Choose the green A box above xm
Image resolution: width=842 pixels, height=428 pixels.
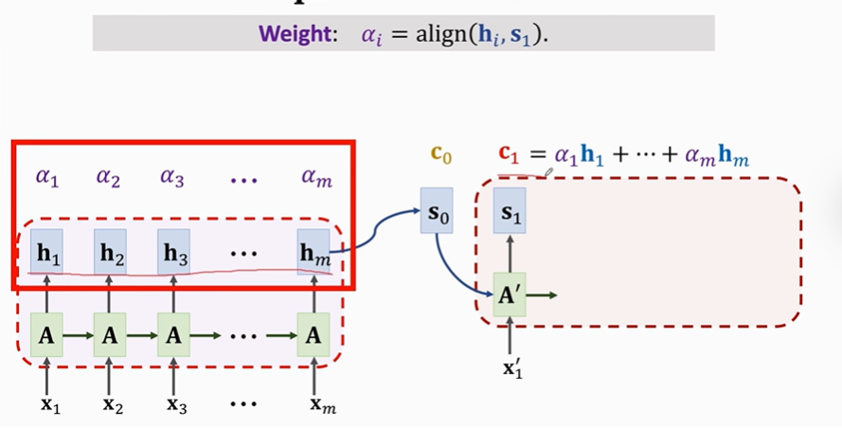coord(314,334)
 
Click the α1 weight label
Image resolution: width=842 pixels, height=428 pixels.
coord(47,176)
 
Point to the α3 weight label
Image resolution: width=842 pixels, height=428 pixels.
coord(172,176)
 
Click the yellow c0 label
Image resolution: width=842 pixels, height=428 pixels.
coord(439,155)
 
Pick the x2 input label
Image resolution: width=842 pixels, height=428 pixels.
coord(111,405)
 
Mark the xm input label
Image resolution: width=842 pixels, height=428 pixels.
coord(322,405)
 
